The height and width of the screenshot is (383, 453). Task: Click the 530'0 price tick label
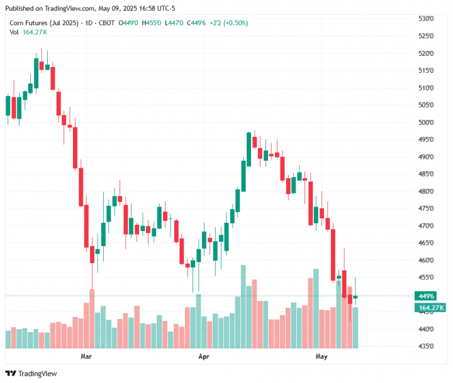(x=427, y=19)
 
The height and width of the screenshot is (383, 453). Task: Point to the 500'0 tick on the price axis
(x=427, y=122)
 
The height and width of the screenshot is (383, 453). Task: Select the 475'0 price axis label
(x=427, y=208)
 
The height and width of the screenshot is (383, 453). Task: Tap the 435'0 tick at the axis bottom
(x=427, y=346)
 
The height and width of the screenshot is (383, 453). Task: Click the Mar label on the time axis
(x=87, y=357)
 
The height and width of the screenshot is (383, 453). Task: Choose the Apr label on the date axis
(x=204, y=357)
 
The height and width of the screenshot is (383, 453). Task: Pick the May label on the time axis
(x=322, y=357)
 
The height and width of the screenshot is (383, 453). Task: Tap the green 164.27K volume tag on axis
(x=430, y=307)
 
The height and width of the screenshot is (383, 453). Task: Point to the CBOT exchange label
(x=107, y=23)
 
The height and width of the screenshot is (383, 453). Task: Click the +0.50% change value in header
(x=237, y=23)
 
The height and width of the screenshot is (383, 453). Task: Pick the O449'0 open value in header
(x=130, y=23)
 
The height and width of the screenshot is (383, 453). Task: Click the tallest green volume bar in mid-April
(x=243, y=306)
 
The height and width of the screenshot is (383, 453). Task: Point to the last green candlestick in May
(x=355, y=297)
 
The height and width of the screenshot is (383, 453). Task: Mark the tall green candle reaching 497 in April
(x=249, y=149)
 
